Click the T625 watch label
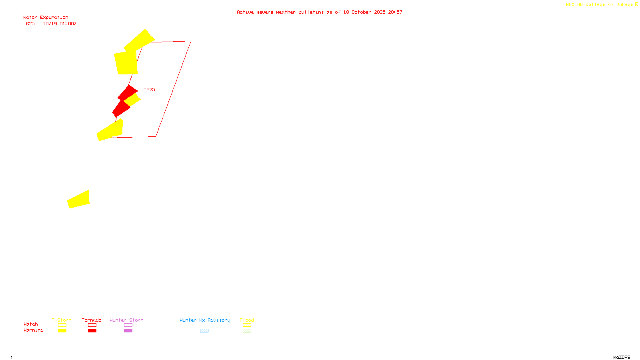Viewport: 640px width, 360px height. pyautogui.click(x=149, y=90)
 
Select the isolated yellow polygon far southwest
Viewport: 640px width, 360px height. pyautogui.click(x=79, y=200)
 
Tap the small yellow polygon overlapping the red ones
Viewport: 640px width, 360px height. pyautogui.click(x=132, y=100)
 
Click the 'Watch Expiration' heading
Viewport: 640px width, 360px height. pyautogui.click(x=46, y=18)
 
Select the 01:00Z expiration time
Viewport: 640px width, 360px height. pyautogui.click(x=68, y=24)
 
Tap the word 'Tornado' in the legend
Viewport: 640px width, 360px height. pyautogui.click(x=92, y=320)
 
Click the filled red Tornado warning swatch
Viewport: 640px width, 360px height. pyautogui.click(x=92, y=331)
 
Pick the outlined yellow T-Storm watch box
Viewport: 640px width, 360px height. pyautogui.click(x=62, y=325)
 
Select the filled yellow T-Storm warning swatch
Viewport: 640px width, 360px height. pyautogui.click(x=62, y=331)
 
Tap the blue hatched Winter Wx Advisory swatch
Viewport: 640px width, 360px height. pyautogui.click(x=204, y=331)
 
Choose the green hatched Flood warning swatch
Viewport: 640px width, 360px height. pyautogui.click(x=247, y=331)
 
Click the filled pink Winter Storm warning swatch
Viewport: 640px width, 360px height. pyautogui.click(x=128, y=331)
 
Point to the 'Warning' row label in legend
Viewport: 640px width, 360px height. pyautogui.click(x=33, y=330)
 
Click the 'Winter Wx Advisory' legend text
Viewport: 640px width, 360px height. pyautogui.click(x=205, y=320)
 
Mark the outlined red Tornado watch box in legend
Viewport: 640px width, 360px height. pyautogui.click(x=92, y=325)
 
